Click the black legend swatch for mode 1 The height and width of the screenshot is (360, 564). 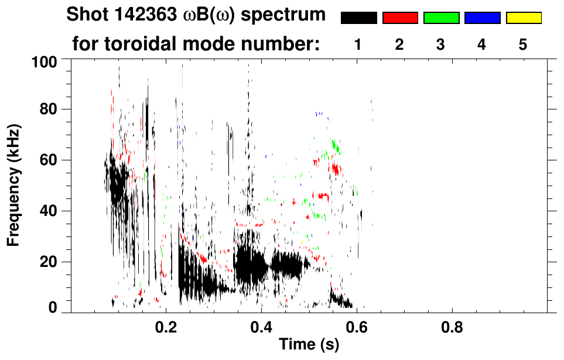[x=359, y=18]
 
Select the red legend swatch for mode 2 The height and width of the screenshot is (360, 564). [x=400, y=18]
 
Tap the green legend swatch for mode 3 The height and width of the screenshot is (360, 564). [x=441, y=18]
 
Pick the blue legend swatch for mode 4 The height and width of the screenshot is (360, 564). [x=482, y=18]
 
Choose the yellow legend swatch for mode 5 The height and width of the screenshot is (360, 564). [x=523, y=18]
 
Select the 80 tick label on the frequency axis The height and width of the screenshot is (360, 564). [x=50, y=109]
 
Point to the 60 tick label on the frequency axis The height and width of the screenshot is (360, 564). [x=50, y=160]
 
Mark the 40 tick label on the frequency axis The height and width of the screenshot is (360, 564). [x=50, y=211]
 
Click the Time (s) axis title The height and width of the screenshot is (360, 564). [x=308, y=345]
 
